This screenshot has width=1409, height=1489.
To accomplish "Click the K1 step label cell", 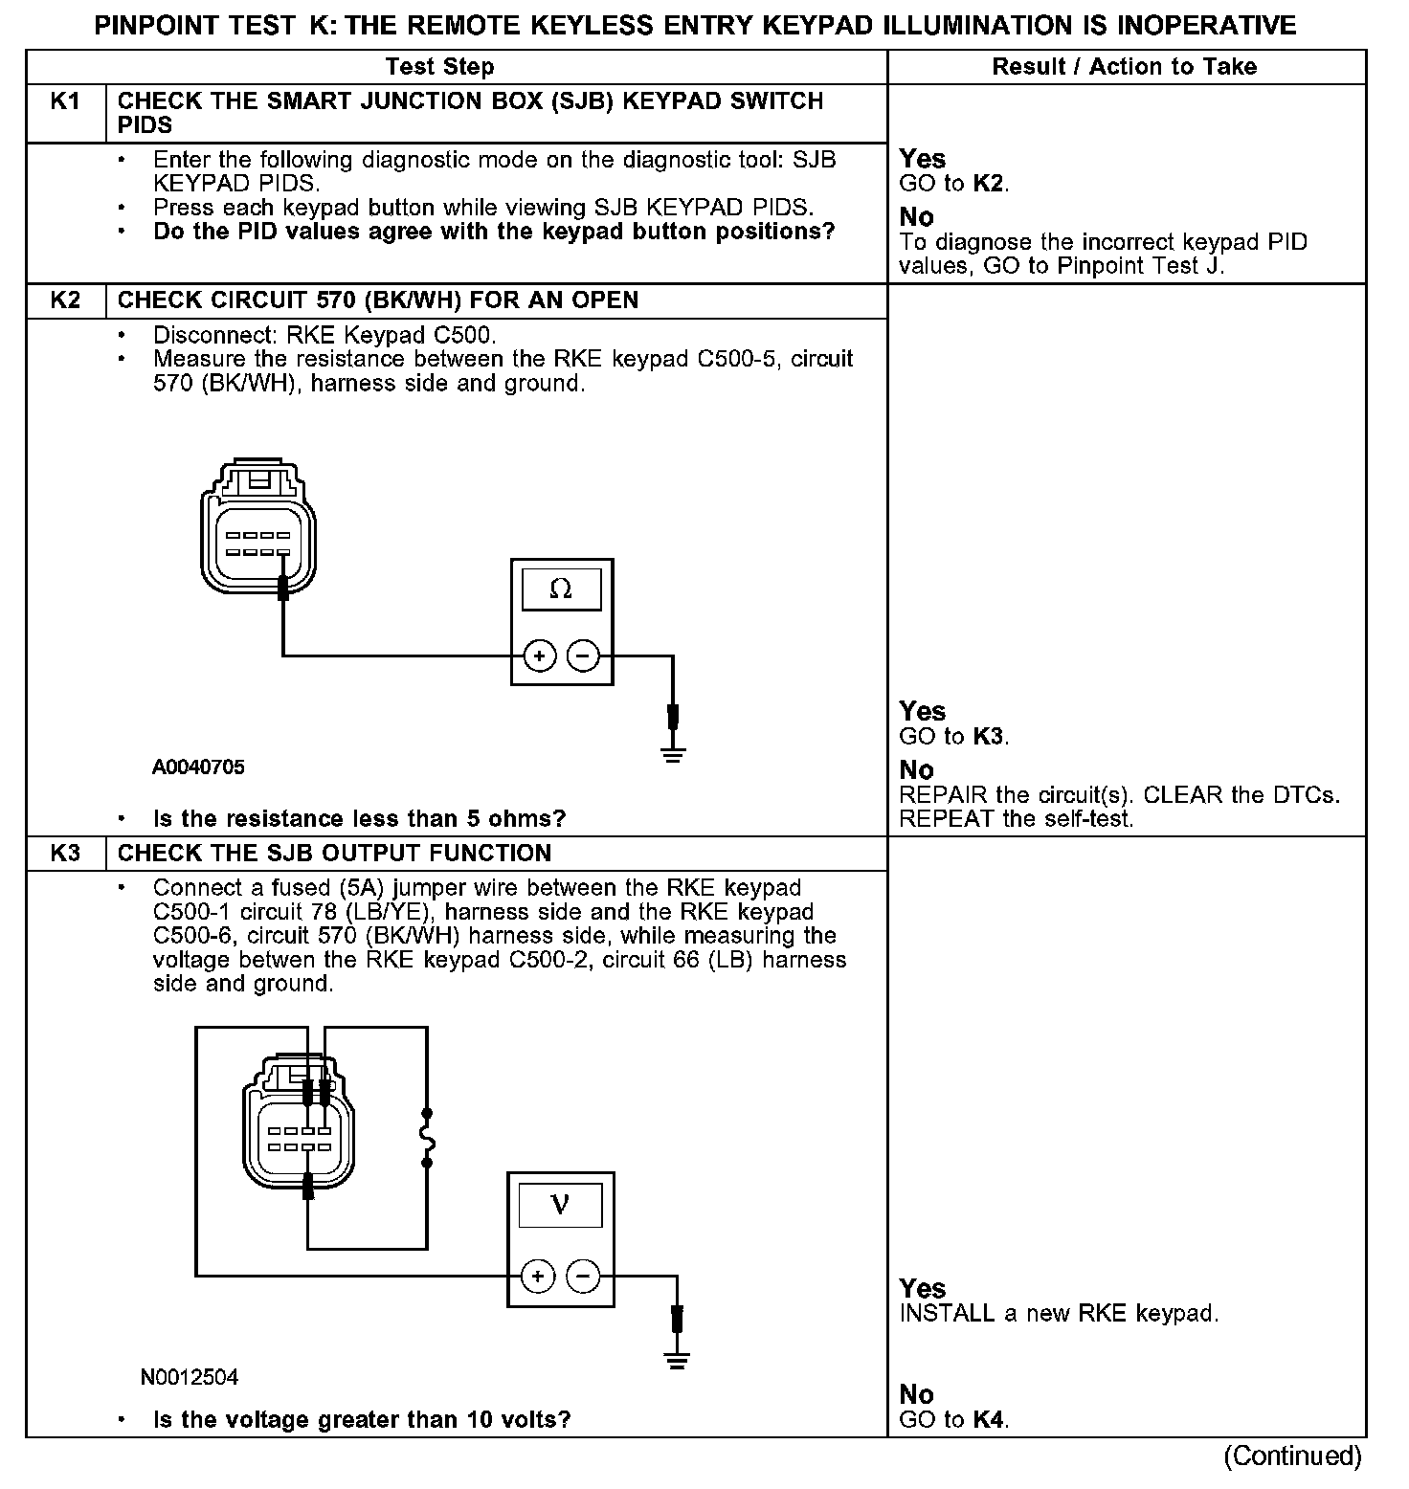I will [65, 101].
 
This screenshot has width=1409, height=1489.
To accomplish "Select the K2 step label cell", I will [65, 300].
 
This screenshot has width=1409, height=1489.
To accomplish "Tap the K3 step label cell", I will [65, 854].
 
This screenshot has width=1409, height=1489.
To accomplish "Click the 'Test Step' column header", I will [439, 67].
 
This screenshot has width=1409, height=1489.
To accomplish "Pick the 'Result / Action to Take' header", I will [1124, 67].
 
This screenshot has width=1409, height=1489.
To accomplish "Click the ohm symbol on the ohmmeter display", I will [561, 589].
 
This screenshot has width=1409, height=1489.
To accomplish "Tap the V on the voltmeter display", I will [561, 1205].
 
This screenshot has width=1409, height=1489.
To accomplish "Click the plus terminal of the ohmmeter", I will [540, 656].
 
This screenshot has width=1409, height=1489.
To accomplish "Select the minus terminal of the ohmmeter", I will [582, 656].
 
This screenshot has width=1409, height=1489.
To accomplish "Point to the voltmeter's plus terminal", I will [538, 1276].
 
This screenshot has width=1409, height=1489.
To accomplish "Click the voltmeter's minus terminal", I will [582, 1276].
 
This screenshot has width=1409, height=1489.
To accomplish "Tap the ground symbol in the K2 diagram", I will [674, 754].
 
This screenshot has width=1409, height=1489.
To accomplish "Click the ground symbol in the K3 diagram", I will [678, 1362].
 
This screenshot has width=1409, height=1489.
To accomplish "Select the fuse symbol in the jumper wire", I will [428, 1139].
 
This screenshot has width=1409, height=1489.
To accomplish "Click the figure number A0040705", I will [198, 767].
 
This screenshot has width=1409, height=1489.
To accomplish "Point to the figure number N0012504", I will [190, 1378].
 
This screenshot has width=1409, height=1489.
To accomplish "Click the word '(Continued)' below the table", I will [1292, 1456].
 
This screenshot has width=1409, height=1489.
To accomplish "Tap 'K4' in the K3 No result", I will [989, 1420].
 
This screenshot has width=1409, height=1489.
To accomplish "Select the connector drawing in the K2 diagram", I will [258, 528].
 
